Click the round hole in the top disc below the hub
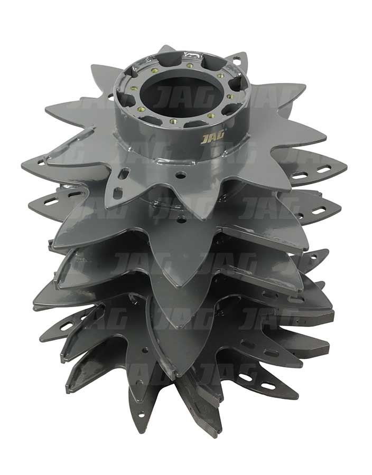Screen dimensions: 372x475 click(x=181, y=175)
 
